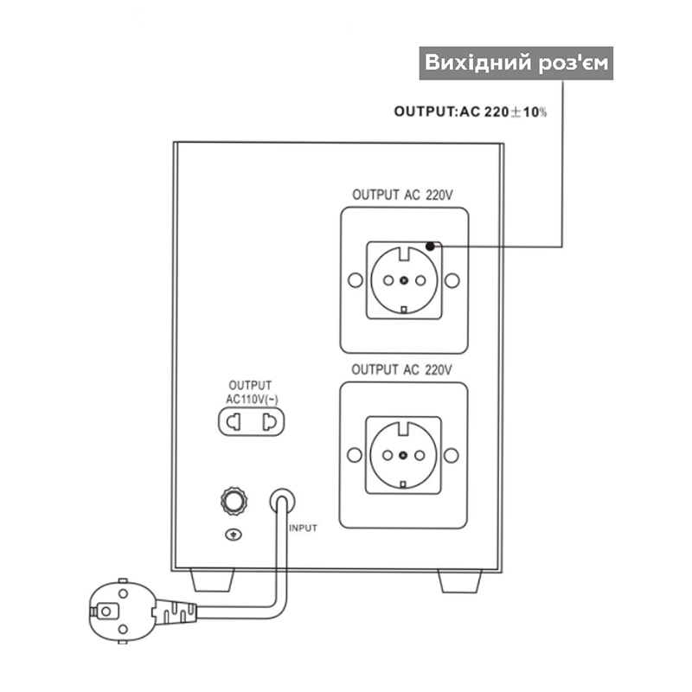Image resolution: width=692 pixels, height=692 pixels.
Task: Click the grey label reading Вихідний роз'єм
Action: click(516, 63)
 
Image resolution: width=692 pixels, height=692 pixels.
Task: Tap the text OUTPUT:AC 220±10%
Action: click(470, 112)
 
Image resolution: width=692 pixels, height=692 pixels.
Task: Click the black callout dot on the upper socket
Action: click(430, 247)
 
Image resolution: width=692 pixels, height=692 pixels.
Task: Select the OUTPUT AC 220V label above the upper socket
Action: click(402, 195)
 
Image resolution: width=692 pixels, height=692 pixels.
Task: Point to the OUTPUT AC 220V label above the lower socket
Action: click(401, 370)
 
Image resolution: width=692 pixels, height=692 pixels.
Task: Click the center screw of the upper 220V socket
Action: click(404, 280)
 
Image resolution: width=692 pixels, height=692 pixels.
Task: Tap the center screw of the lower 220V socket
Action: click(403, 455)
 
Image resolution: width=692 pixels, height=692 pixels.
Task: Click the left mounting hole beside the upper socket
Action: click(356, 280)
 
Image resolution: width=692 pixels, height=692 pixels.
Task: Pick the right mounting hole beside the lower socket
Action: click(451, 455)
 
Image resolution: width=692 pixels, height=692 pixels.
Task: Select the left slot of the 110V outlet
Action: click(234, 422)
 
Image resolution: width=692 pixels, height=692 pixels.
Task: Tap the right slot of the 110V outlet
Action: click(269, 422)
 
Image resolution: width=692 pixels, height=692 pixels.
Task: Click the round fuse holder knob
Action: click(234, 501)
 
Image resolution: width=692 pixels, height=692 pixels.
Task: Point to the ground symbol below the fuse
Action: click(234, 535)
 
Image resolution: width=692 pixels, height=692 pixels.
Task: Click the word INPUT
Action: click(304, 529)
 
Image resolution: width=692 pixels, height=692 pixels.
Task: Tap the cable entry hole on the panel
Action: click(282, 500)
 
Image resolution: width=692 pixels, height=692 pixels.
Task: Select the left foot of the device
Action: click(212, 580)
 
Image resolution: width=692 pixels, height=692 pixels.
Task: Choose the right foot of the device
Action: click(459, 580)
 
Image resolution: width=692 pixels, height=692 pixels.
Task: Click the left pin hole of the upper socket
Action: click(388, 280)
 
